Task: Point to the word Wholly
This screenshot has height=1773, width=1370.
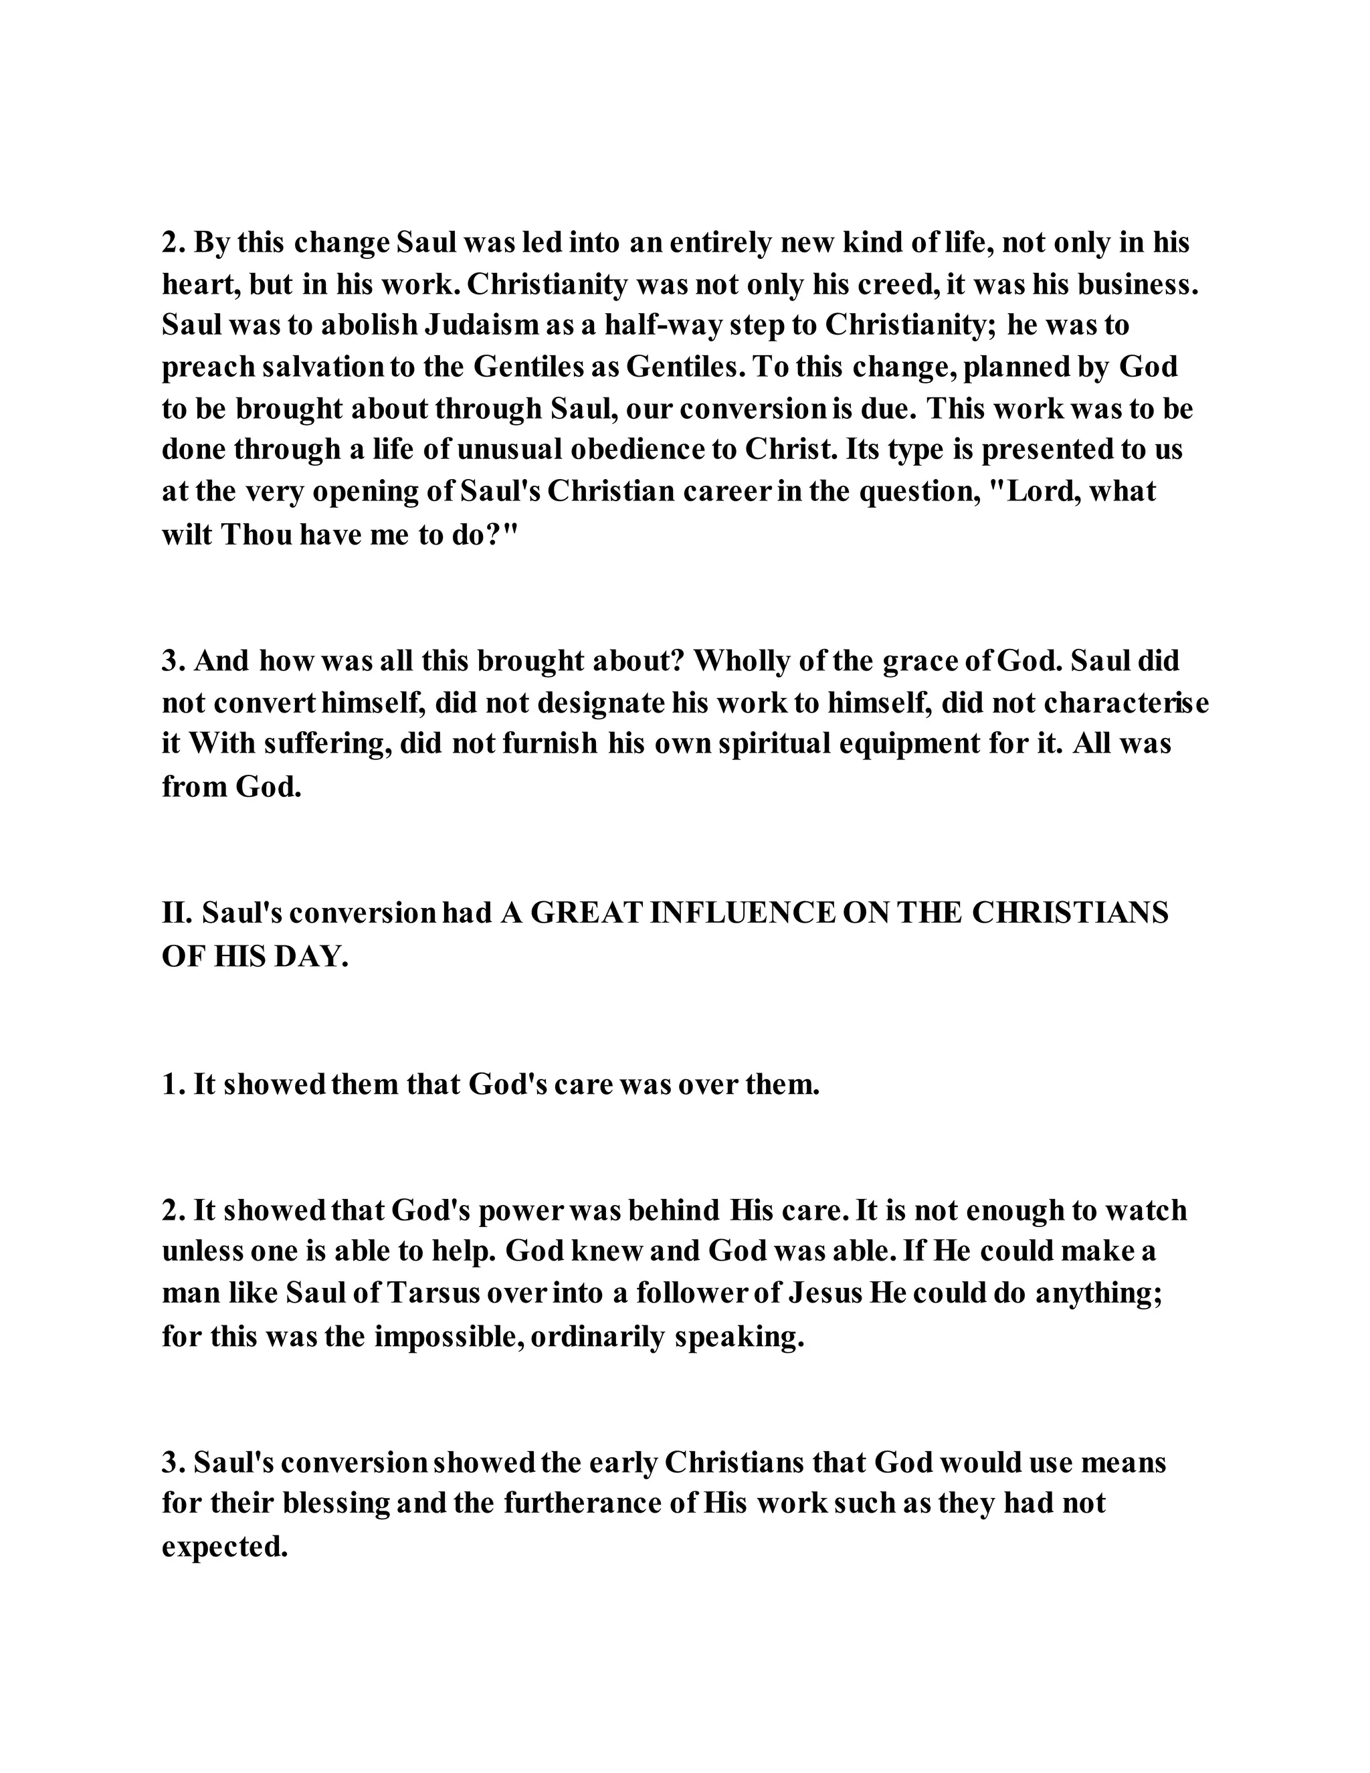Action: coord(742,661)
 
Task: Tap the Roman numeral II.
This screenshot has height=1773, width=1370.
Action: coord(176,913)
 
